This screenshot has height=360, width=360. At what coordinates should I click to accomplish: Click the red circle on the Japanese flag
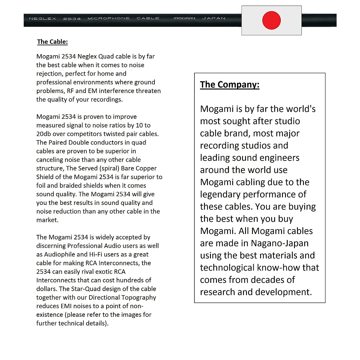pyautogui.click(x=271, y=20)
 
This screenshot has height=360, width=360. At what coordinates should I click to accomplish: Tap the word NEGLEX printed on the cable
pyautogui.click(x=43, y=19)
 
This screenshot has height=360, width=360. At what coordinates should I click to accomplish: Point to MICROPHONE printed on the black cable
pyautogui.click(x=109, y=19)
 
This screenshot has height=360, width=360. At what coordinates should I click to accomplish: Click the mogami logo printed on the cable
pyautogui.click(x=184, y=19)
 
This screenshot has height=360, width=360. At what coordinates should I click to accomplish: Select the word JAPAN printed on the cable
pyautogui.click(x=214, y=19)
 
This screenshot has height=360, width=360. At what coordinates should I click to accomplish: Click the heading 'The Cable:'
pyautogui.click(x=52, y=42)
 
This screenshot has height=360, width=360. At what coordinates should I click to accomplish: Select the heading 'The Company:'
pyautogui.click(x=229, y=85)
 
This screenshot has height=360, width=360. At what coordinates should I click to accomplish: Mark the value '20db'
pyautogui.click(x=43, y=134)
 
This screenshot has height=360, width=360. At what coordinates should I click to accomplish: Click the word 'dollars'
pyautogui.click(x=46, y=289)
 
